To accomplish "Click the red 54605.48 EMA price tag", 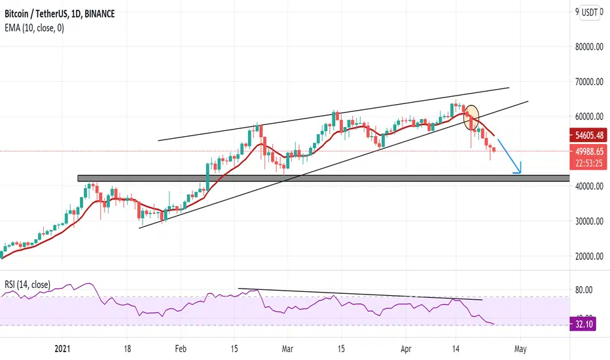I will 588,135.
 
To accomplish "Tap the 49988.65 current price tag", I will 588,151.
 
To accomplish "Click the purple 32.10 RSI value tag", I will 582,324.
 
